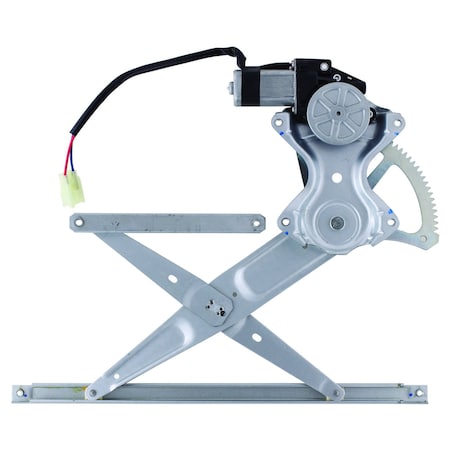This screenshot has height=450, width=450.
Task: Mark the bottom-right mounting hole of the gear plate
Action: coord(391,222)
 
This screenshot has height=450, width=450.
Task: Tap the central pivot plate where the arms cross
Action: coord(213,304)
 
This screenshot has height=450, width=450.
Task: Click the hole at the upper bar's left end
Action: coord(79,222)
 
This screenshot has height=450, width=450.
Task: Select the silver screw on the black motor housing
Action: coord(324,68)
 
